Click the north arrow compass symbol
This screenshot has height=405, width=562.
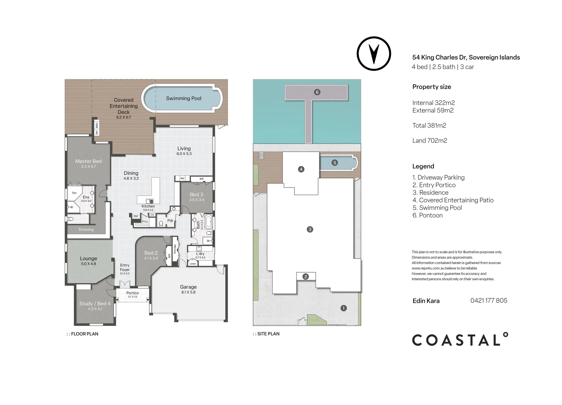point(373,54)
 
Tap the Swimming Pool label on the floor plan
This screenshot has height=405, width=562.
point(183,99)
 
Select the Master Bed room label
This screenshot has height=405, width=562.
point(88,161)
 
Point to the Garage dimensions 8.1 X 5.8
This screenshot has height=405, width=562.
point(188,292)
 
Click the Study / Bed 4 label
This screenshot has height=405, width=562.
point(95,303)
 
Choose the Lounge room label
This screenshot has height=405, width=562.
point(88,258)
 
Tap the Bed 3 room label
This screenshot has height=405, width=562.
point(196,194)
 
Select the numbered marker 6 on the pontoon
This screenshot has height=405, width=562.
point(317,92)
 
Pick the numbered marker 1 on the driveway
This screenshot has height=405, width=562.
point(343,308)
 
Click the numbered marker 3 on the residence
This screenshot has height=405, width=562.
point(310,229)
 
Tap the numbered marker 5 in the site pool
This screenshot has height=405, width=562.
point(334,163)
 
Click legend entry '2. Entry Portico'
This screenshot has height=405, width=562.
point(434,185)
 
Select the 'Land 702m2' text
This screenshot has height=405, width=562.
point(430,141)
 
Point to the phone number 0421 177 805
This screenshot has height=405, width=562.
point(489,300)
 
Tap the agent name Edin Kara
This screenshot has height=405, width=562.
point(426,301)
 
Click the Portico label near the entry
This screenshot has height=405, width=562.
point(132,293)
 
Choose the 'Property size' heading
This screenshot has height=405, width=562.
point(432,87)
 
